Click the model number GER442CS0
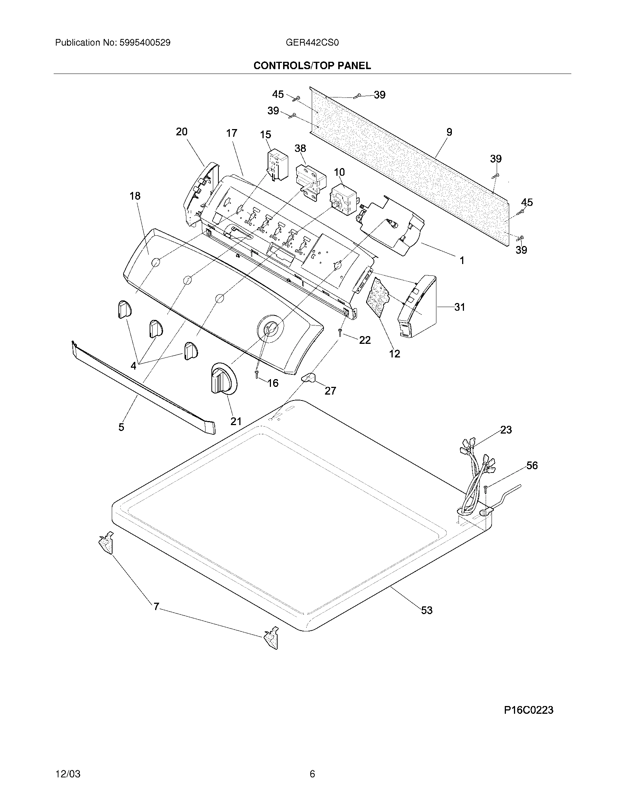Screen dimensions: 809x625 pos(312,43)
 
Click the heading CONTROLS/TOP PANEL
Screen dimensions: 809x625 pos(312,65)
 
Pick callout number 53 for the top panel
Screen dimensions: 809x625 pos(426,610)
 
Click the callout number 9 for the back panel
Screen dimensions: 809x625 pos(449,132)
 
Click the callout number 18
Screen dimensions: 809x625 pos(135,196)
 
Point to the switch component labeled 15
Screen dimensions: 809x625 pos(277,165)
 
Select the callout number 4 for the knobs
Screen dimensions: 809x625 pos(133,366)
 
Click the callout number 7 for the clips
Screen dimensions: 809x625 pos(156,606)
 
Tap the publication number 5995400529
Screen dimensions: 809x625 pos(145,43)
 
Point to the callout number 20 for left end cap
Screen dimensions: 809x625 pos(181,132)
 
